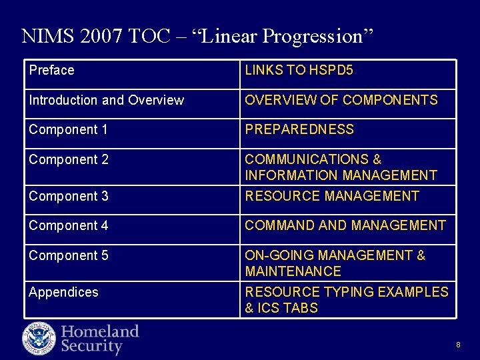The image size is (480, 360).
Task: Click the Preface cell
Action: click(x=52, y=71)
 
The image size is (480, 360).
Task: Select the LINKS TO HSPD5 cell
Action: click(x=299, y=71)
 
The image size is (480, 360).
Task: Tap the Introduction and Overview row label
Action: click(x=106, y=101)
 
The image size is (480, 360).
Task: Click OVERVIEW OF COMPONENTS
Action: click(x=341, y=101)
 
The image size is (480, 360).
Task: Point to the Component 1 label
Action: click(x=68, y=130)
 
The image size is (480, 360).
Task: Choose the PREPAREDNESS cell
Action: click(x=299, y=130)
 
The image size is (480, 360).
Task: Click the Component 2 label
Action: click(x=68, y=160)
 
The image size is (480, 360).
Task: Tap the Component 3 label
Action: click(x=68, y=197)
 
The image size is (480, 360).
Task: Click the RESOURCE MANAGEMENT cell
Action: click(x=331, y=197)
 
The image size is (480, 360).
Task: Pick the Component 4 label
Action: click(x=68, y=226)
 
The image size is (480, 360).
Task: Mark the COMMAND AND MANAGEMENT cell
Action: click(x=345, y=226)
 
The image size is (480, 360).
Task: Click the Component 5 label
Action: click(x=68, y=256)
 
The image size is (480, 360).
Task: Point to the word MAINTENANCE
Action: click(x=293, y=272)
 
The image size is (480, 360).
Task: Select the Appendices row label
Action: click(x=63, y=293)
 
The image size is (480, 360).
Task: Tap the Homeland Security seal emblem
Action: click(x=39, y=338)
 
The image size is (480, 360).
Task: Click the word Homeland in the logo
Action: click(x=100, y=331)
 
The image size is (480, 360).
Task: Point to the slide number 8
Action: click(x=458, y=345)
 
